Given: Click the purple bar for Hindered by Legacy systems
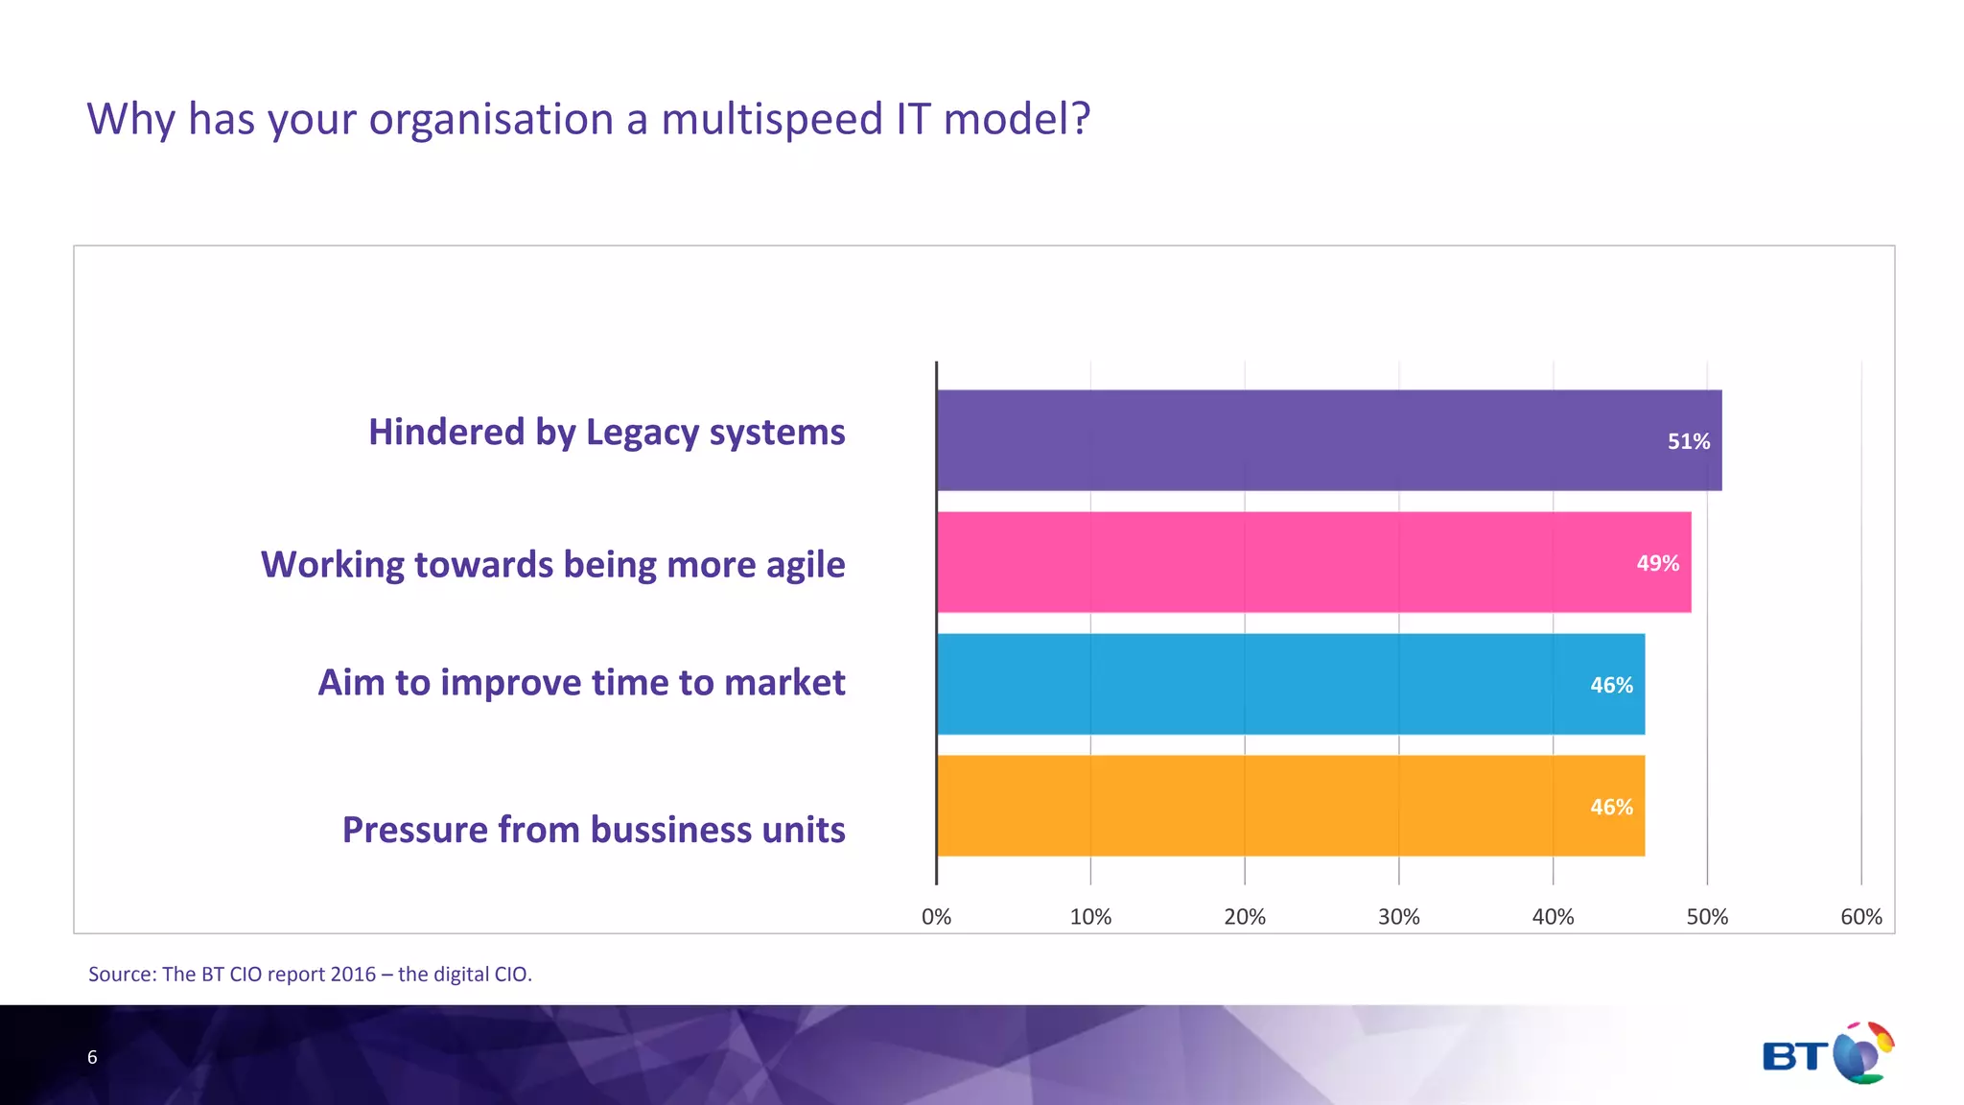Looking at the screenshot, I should (1328, 440).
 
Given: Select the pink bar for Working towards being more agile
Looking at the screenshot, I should (1314, 562).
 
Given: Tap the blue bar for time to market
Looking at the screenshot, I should (1290, 684).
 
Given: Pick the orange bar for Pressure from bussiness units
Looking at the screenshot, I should (1290, 806).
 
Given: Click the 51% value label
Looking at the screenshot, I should (1688, 441).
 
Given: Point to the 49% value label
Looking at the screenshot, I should (1657, 563).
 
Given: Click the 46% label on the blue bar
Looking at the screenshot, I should (1611, 685).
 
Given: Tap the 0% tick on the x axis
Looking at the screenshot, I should (936, 917).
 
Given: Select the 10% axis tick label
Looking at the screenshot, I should (1090, 917).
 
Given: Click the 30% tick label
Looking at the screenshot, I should (1398, 917).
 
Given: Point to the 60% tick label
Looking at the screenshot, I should (1860, 917).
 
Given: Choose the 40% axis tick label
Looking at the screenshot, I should (1553, 917).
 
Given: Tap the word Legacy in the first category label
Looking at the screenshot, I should (642, 433).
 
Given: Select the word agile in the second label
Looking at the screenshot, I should (806, 565).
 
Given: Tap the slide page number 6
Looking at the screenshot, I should (92, 1057).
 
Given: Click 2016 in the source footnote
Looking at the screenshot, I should (352, 975).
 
